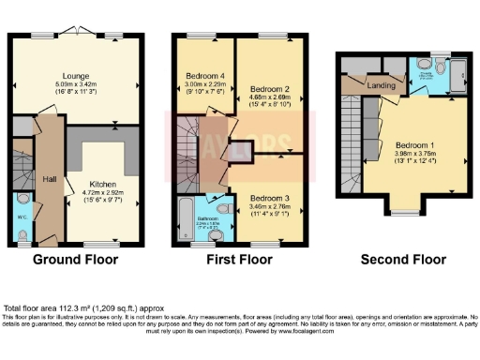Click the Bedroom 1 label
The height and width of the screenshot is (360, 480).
(413, 147)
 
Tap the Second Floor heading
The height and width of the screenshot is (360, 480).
(398, 260)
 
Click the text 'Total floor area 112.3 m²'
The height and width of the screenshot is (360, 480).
(56, 307)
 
